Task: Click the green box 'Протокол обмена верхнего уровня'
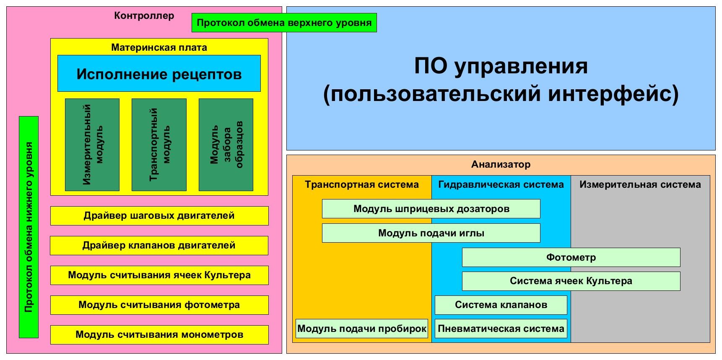point(284,23)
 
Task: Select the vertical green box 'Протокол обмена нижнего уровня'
point(29,227)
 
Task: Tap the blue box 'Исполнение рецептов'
point(159,74)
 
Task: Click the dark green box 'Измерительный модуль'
point(92,145)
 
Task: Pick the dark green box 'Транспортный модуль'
point(159,145)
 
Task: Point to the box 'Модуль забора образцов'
point(226,145)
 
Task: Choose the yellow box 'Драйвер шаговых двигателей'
point(159,216)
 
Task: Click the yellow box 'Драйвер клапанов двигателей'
point(159,246)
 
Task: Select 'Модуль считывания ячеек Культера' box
point(159,275)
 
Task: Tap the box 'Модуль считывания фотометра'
point(159,305)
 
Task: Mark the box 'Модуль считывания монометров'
point(159,335)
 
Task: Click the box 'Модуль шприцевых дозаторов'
point(431,209)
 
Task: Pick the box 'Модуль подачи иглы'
point(431,233)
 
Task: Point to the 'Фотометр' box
point(571,257)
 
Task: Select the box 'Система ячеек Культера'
point(571,281)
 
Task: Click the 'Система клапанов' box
point(501,305)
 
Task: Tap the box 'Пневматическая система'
point(501,329)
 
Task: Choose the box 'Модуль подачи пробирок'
point(361,329)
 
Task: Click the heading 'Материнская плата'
point(159,47)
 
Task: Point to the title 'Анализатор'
point(501,164)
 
